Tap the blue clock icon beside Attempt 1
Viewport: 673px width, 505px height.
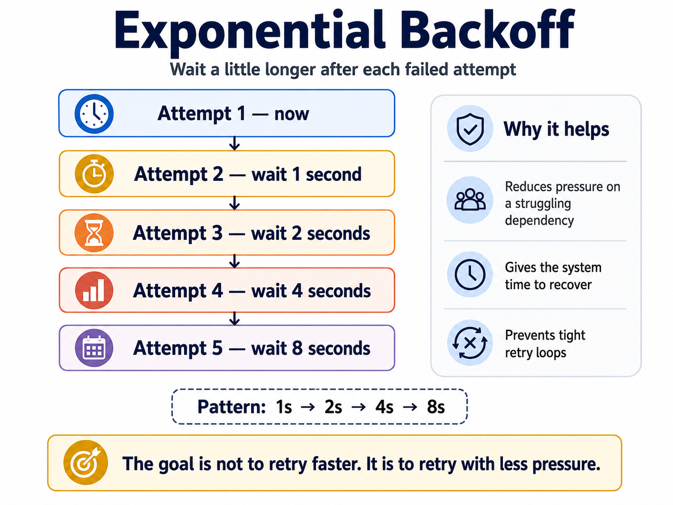[94, 114]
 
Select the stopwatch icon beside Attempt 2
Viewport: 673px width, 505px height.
[94, 174]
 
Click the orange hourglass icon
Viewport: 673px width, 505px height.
[94, 233]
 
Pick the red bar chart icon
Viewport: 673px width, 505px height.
[94, 290]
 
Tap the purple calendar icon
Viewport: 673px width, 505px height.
[94, 348]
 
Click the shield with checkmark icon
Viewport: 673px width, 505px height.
[470, 128]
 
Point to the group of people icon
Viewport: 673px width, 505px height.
[470, 200]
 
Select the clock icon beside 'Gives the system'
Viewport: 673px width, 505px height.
[470, 274]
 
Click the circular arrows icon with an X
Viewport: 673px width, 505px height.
[470, 343]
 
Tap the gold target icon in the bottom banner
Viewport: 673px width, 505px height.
[86, 462]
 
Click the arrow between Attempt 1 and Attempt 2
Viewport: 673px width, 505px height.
[235, 144]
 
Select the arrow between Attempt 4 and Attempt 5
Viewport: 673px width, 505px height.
[235, 319]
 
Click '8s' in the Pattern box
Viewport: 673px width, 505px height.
[435, 407]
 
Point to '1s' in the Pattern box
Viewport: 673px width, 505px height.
[284, 407]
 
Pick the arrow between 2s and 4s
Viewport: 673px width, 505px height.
[358, 407]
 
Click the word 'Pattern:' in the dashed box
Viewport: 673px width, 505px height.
[231, 407]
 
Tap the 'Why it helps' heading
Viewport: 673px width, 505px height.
[556, 129]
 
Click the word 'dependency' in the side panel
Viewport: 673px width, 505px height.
[539, 220]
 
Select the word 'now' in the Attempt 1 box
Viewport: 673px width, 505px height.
[291, 114]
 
